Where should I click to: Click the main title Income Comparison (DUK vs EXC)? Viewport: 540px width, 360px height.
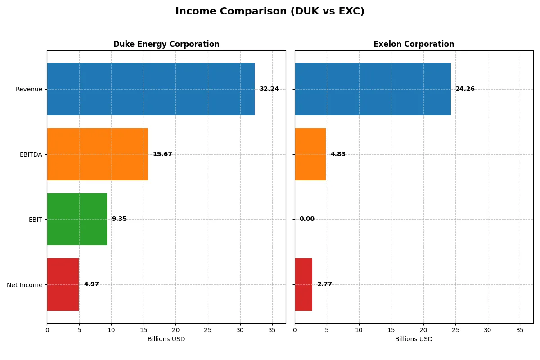click(270, 12)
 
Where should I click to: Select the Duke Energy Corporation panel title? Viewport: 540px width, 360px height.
click(166, 44)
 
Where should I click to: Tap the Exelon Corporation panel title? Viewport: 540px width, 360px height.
click(414, 44)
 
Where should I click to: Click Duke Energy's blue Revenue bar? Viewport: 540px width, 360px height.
click(151, 89)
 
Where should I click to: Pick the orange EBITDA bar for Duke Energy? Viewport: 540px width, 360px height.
click(97, 154)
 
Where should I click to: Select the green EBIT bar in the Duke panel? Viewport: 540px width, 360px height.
click(77, 219)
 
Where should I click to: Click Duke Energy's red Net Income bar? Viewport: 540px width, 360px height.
click(63, 284)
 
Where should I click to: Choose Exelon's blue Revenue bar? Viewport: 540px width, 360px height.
click(373, 89)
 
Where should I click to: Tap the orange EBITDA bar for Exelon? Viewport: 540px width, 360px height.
click(310, 154)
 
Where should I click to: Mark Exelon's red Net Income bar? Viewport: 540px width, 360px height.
click(304, 284)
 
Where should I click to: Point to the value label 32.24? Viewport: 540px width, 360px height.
click(269, 89)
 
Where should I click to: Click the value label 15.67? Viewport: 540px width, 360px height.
click(162, 154)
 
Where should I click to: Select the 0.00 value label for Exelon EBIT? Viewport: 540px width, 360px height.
click(307, 219)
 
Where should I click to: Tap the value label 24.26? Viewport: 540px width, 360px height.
click(465, 89)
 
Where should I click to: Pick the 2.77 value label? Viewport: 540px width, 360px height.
click(324, 284)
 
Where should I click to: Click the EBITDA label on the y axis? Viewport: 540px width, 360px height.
click(31, 154)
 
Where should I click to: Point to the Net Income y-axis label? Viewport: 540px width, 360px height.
click(25, 284)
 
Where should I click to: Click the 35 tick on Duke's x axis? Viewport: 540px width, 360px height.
click(272, 329)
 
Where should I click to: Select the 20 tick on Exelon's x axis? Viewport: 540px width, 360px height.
click(423, 329)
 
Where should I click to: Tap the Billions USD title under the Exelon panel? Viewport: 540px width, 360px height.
click(414, 339)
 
